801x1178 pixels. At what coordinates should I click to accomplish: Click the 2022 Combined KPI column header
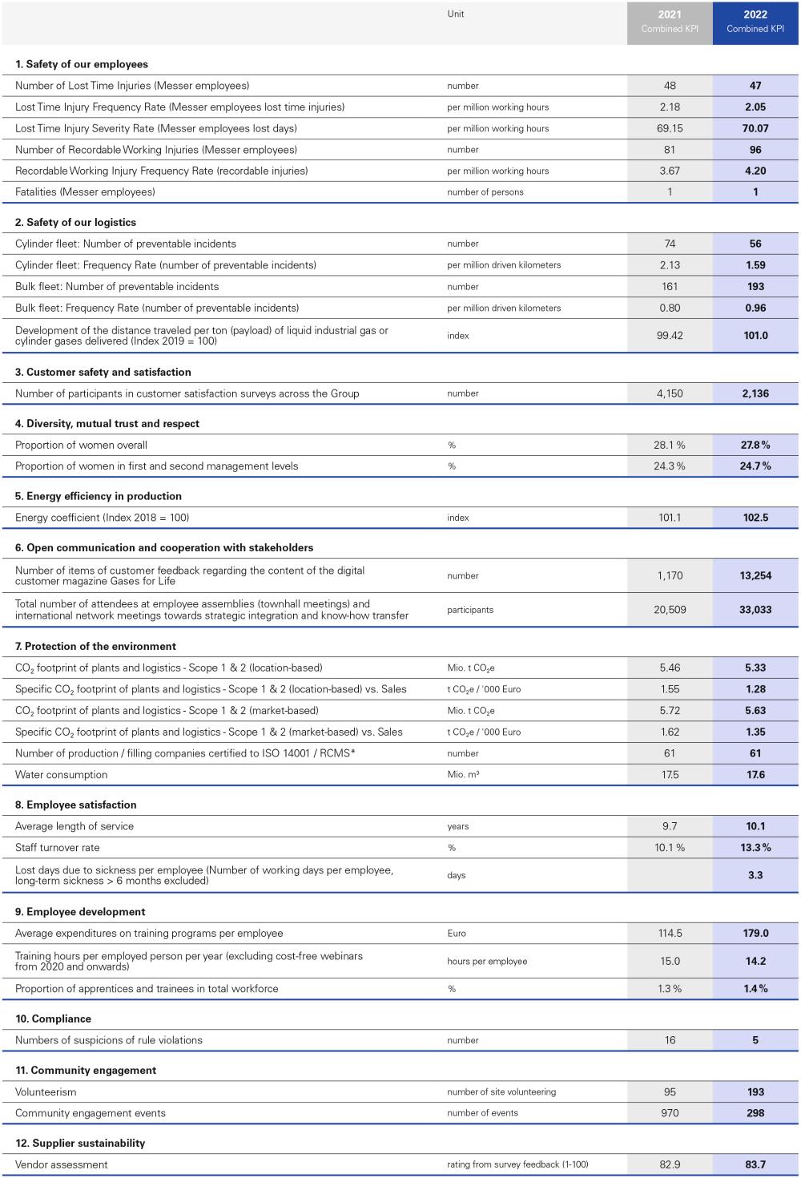point(755,22)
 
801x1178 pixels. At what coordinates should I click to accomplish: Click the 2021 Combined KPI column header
point(670,22)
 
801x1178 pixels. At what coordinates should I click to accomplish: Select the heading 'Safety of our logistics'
point(76,222)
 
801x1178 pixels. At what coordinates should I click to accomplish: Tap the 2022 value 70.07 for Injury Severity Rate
point(755,128)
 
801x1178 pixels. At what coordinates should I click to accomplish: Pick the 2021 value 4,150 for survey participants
point(670,393)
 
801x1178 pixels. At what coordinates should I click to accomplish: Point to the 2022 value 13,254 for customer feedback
point(755,575)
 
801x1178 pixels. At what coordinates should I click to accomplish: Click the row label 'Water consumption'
point(61,775)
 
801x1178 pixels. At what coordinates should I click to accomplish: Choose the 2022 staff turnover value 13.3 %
point(755,848)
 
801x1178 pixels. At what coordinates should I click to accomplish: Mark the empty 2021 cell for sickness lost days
point(670,875)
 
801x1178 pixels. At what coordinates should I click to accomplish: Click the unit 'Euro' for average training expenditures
point(457,934)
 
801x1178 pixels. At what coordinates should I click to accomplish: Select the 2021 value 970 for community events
point(670,1113)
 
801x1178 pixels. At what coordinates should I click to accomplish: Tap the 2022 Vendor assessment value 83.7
point(755,1164)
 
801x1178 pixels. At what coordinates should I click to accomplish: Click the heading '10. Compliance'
point(54,1019)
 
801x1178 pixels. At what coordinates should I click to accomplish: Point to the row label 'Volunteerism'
point(46,1092)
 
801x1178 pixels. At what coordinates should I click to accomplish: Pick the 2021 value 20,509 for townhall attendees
point(670,610)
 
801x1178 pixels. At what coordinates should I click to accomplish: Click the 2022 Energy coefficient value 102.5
point(755,518)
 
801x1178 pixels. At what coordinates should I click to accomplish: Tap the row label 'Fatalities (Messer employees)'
point(85,192)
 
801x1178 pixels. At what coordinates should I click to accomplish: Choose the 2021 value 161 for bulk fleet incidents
point(670,286)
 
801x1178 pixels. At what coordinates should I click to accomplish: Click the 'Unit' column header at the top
point(456,14)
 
